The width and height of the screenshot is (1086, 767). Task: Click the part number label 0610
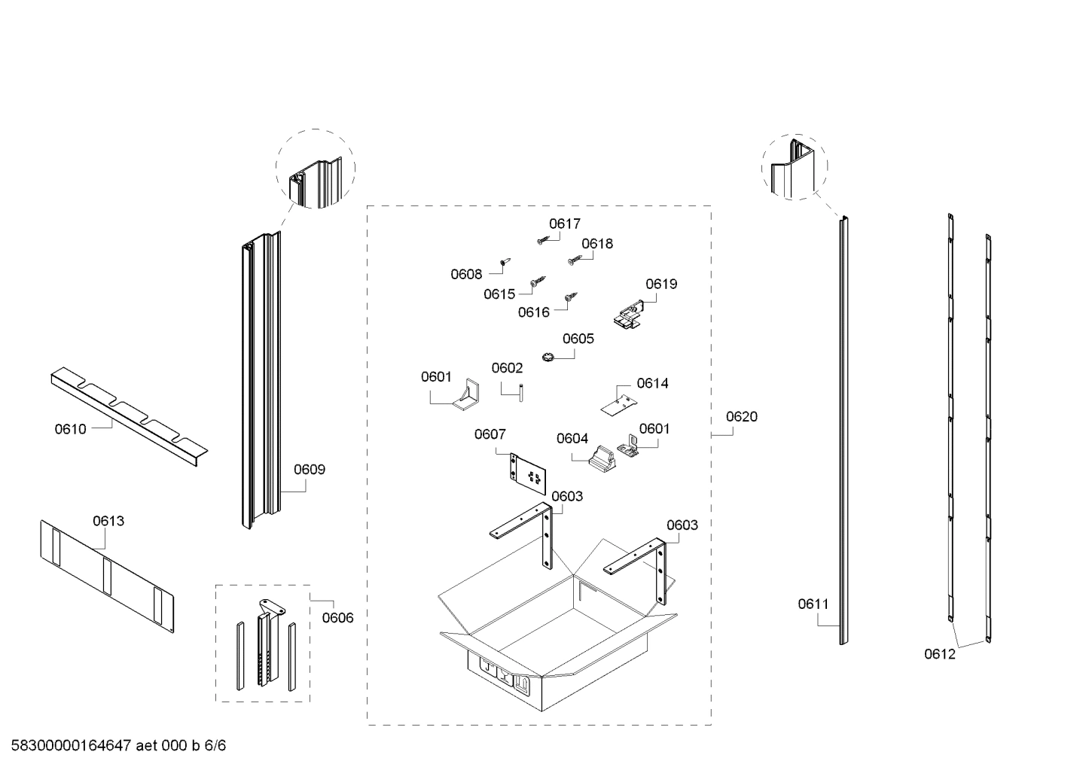70,429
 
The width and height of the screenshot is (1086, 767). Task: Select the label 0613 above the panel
108,521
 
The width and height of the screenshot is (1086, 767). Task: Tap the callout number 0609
309,470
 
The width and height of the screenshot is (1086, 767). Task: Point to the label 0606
337,618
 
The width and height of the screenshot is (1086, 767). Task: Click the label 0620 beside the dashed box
741,416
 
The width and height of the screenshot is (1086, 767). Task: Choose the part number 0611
813,604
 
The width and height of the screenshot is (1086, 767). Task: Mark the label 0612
939,654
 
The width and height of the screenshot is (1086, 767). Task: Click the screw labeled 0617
542,240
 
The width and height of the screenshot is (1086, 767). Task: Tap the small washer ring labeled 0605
548,355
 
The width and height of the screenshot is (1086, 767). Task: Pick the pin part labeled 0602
519,393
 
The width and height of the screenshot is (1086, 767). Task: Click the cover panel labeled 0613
105,574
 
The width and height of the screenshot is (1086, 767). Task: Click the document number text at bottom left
118,746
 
